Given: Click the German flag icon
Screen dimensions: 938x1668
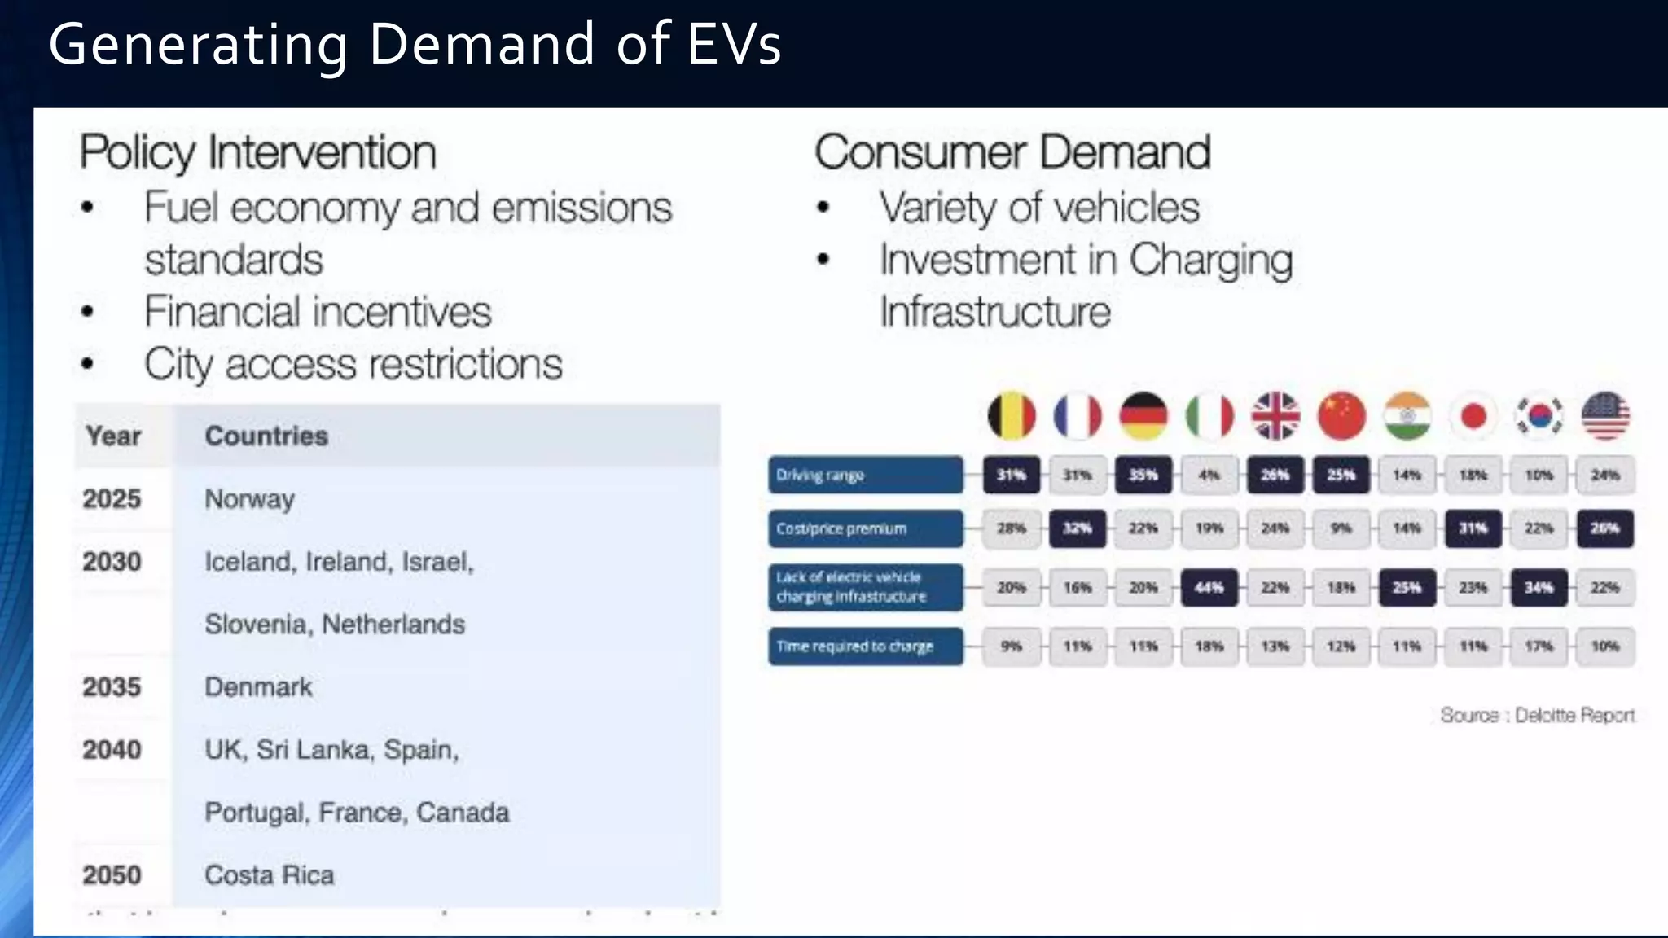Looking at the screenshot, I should tap(1143, 415).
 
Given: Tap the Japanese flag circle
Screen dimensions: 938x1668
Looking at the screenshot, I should tap(1473, 415).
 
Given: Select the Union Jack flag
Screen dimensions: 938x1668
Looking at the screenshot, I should tap(1275, 415).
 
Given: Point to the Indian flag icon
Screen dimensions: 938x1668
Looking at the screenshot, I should tap(1407, 415).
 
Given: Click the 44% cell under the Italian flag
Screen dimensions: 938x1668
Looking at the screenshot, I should tap(1209, 587).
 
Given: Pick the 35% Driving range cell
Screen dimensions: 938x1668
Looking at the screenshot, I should tap(1143, 475).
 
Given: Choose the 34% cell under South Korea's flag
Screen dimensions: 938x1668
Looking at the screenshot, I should tap(1539, 587).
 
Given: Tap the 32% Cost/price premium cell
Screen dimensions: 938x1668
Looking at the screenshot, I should tap(1078, 528).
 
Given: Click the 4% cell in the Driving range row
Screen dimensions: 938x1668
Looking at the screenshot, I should tap(1209, 475).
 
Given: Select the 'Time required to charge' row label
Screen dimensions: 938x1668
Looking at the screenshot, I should tap(865, 647).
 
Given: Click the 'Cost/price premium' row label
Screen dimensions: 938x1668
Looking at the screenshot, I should tap(865, 528).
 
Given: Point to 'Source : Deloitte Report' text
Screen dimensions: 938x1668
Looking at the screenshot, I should tap(1537, 715).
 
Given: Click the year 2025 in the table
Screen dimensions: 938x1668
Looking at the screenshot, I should tap(112, 498).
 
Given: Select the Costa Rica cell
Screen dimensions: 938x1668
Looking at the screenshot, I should tap(270, 874).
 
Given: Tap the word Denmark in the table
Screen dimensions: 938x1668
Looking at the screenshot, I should tap(258, 686).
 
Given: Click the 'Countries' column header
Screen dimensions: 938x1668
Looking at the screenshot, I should tap(266, 436).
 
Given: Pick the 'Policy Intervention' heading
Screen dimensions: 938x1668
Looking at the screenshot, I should tap(258, 152).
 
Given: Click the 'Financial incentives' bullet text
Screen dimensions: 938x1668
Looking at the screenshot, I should tap(318, 312).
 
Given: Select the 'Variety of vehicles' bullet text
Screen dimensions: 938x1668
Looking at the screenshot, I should tap(1039, 208).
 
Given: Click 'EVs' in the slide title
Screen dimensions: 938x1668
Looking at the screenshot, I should tap(734, 44).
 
